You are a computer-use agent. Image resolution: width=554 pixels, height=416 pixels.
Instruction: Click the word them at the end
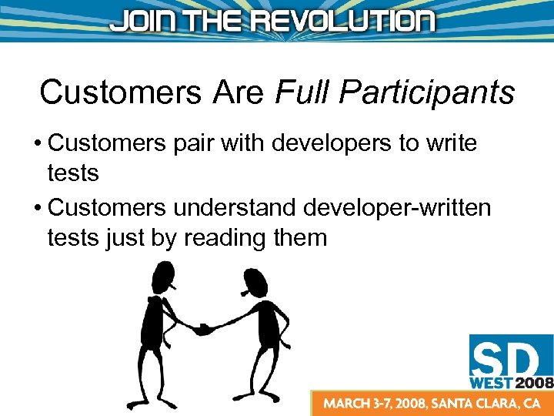300,238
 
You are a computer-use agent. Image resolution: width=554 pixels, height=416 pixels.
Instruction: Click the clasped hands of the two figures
204,329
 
